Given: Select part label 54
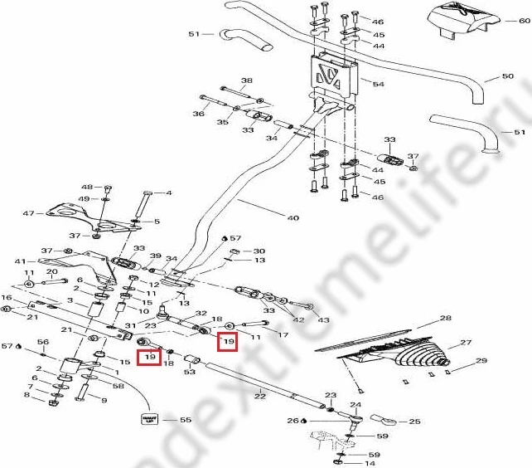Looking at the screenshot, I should coord(379,85).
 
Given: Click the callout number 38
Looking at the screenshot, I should coord(246,81).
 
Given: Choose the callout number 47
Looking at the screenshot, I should coord(27,213).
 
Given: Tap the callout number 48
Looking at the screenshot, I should coord(86,187).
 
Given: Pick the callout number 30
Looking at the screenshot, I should coord(259,251).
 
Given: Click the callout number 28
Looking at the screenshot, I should coord(445,319).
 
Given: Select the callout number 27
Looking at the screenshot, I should coord(465,342).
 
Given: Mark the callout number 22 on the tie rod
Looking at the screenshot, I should coord(259,397).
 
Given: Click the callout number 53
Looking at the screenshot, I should coord(190,372).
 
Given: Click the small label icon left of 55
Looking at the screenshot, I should coord(149,419).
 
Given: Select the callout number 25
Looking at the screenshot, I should coord(415,422).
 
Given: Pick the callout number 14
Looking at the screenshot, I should coord(370,462).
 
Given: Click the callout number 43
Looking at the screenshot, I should coord(322,320).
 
